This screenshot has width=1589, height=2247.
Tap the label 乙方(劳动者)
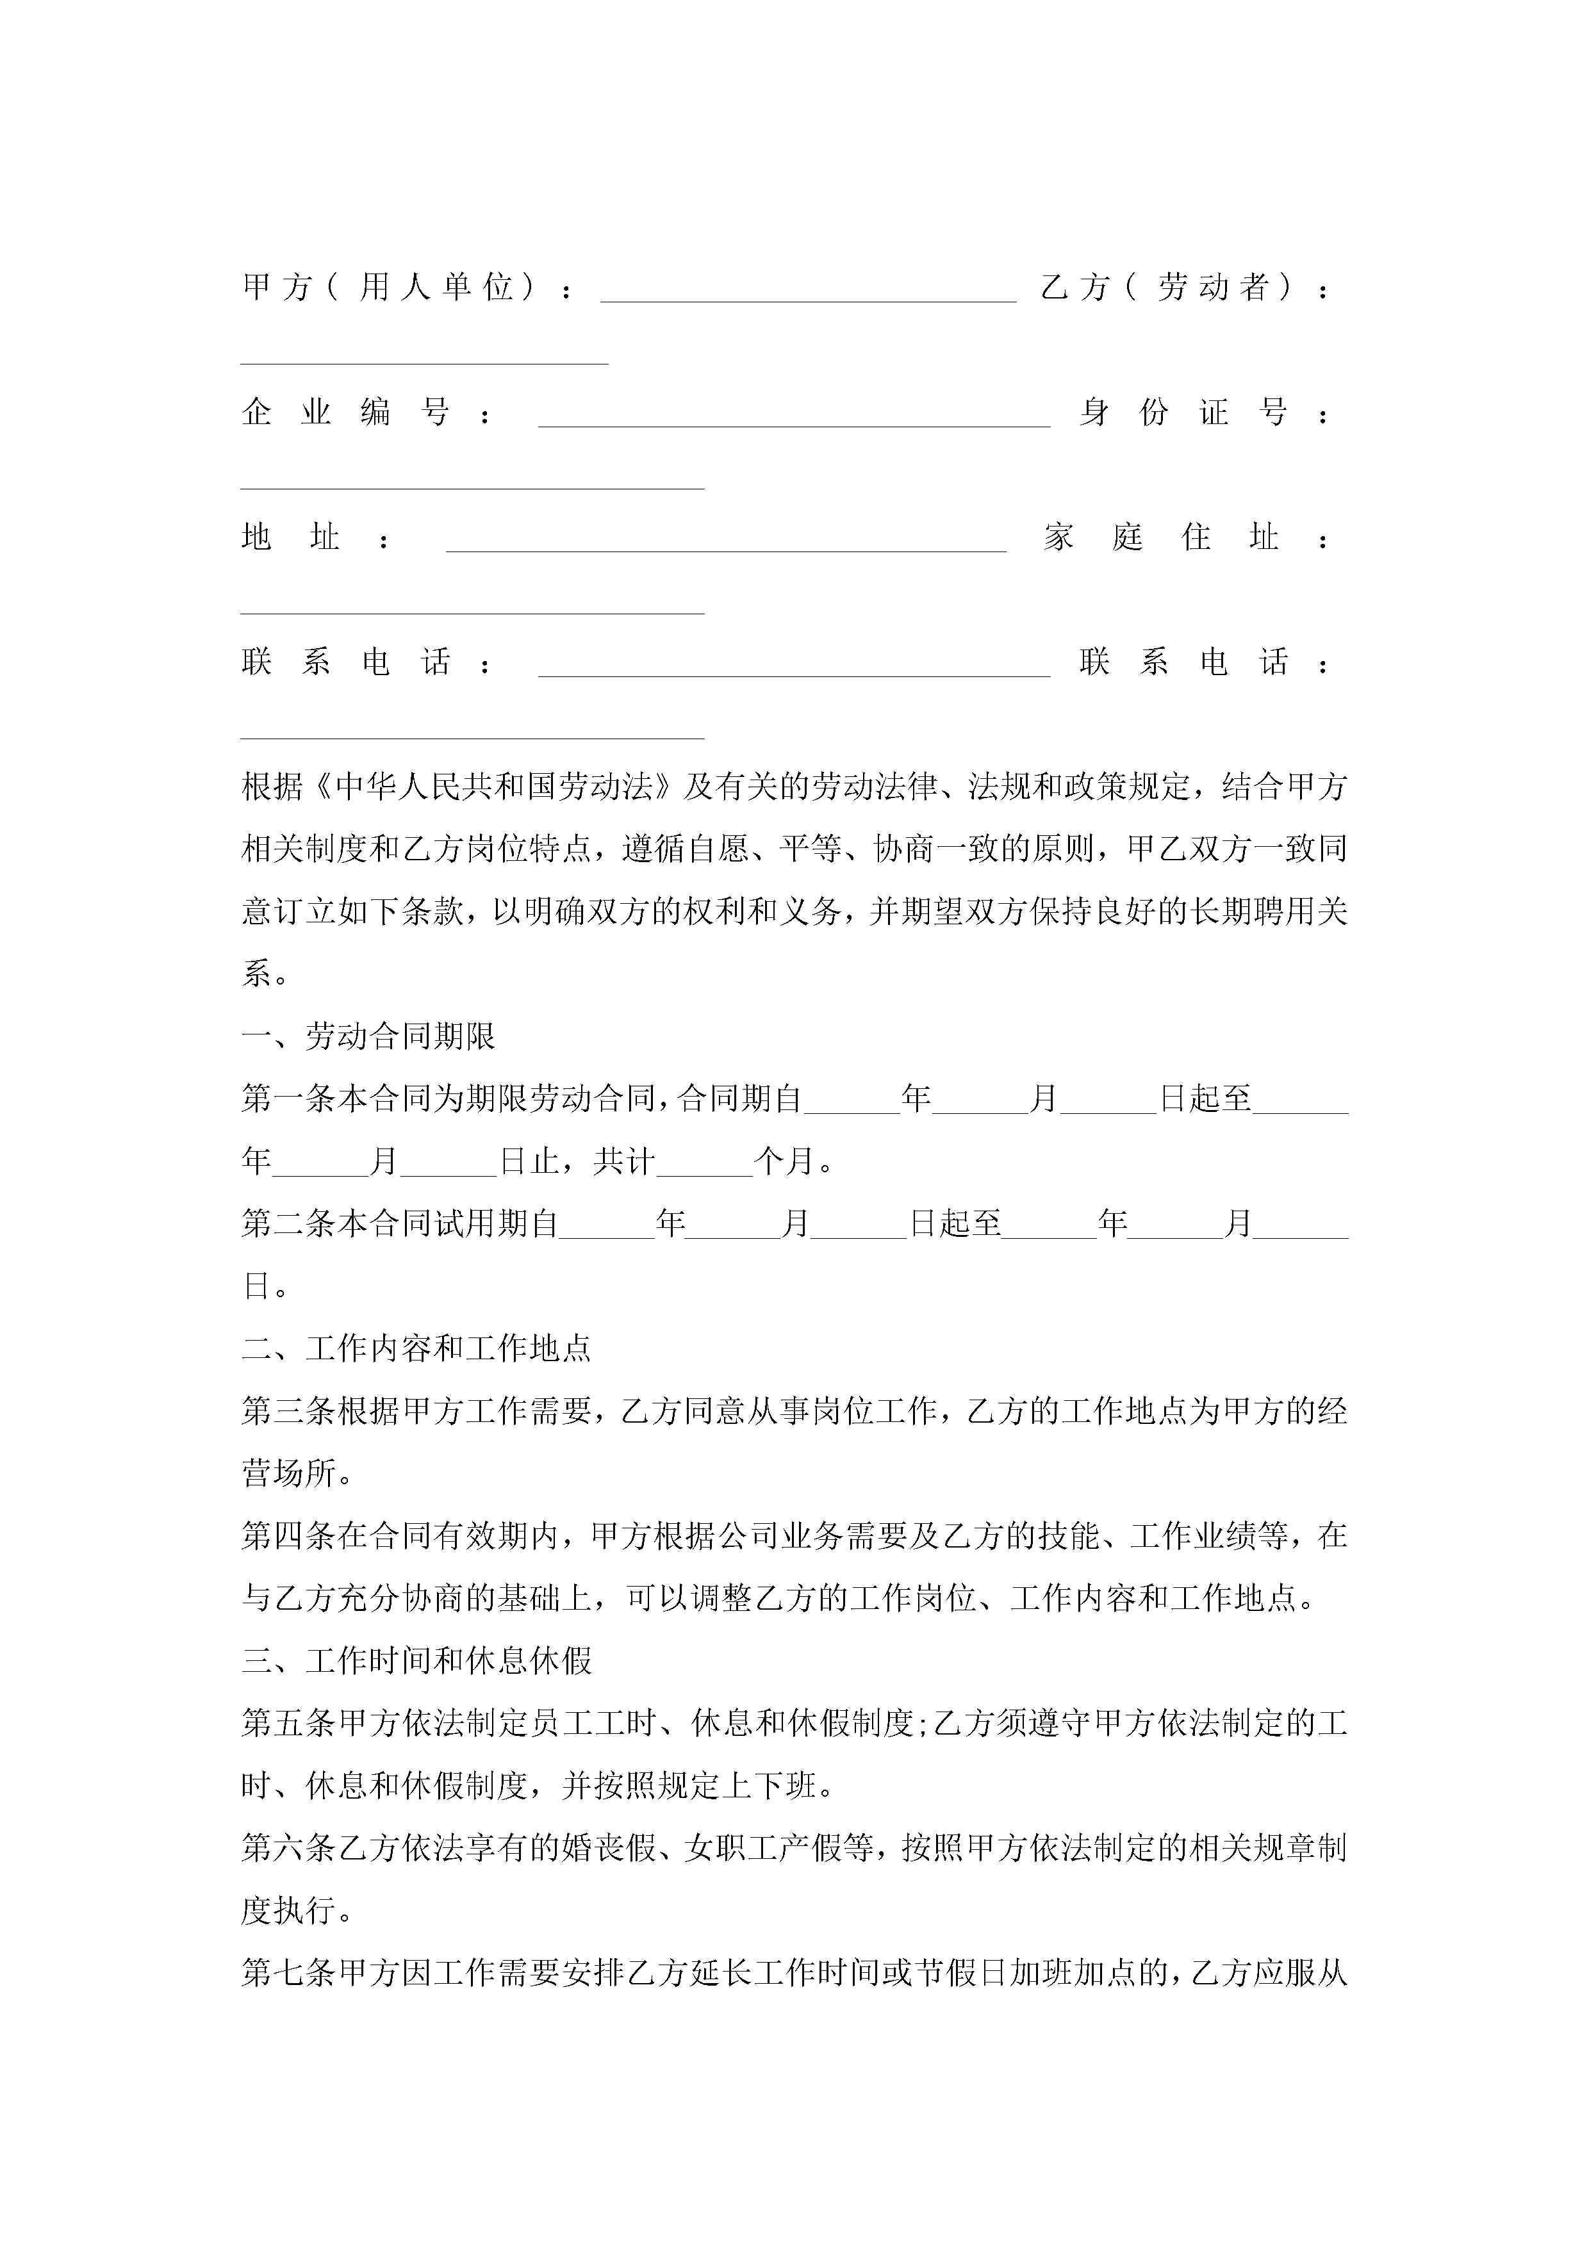pos(1170,287)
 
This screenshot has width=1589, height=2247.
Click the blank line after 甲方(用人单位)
pos(808,293)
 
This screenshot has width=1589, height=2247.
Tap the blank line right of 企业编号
pos(794,419)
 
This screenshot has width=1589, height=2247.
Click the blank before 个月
pos(705,1164)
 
